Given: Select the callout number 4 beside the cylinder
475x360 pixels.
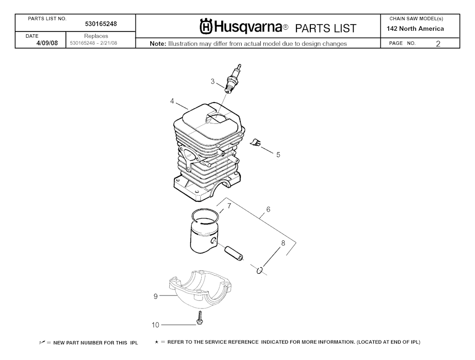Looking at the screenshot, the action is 172,101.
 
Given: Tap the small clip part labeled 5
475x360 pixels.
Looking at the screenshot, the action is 256,142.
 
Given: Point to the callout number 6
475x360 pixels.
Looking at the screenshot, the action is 268,209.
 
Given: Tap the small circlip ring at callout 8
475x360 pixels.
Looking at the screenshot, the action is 259,270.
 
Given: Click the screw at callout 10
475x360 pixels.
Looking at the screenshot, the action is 199,318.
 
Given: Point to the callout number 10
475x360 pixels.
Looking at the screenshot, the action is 155,325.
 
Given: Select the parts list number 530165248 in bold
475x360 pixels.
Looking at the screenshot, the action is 101,24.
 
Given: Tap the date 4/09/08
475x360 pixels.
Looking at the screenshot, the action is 47,43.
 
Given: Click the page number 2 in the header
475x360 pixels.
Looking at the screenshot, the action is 438,44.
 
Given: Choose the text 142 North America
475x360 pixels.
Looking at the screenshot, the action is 415,29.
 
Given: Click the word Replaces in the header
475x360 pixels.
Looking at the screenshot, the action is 96,36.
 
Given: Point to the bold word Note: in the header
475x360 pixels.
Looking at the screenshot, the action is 158,44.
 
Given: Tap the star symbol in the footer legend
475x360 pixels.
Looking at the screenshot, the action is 157,342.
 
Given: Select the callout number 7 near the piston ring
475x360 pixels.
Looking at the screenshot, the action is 229,206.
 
